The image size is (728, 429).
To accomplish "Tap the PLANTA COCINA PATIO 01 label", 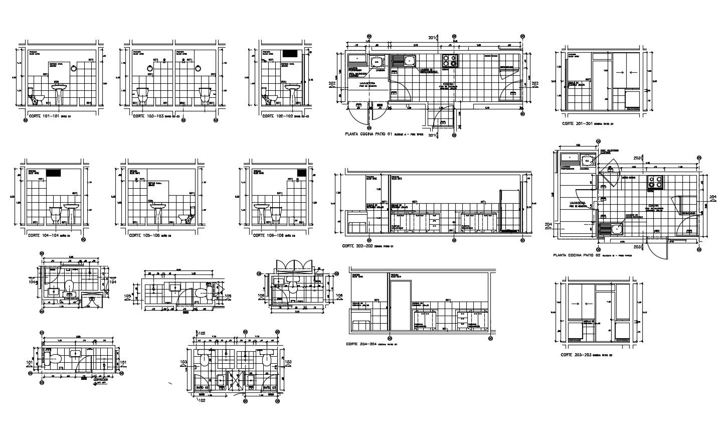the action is (x=368, y=134).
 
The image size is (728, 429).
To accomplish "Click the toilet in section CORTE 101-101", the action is (x=36, y=96).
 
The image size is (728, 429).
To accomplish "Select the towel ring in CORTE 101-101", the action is (x=73, y=69).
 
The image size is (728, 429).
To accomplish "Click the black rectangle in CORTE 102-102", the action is (x=290, y=53).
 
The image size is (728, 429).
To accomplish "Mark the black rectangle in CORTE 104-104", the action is (x=54, y=172).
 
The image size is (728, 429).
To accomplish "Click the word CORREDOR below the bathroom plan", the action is (x=100, y=379).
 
